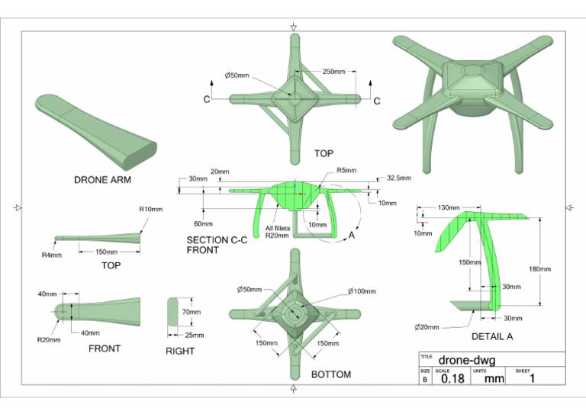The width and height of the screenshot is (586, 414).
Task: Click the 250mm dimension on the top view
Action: [333, 72]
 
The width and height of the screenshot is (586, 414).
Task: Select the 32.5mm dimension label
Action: [399, 178]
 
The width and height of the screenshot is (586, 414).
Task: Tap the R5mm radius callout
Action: [346, 171]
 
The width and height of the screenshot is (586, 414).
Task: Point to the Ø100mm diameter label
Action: [361, 290]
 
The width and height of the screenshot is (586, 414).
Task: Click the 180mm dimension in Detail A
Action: [539, 268]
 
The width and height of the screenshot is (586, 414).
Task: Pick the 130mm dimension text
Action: [449, 207]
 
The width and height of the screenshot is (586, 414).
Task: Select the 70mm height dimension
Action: [191, 312]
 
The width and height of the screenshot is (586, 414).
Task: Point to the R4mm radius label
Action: [52, 255]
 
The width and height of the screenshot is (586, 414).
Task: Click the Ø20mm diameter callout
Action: [427, 327]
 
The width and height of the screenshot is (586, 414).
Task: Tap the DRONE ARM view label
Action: [102, 180]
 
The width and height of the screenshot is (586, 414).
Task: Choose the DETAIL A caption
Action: [492, 335]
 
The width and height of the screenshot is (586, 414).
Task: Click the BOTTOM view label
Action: [331, 374]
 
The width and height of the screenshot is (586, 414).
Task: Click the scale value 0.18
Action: [452, 377]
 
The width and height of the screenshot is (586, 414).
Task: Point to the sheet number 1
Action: [532, 377]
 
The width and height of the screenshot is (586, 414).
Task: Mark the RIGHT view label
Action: [180, 351]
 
